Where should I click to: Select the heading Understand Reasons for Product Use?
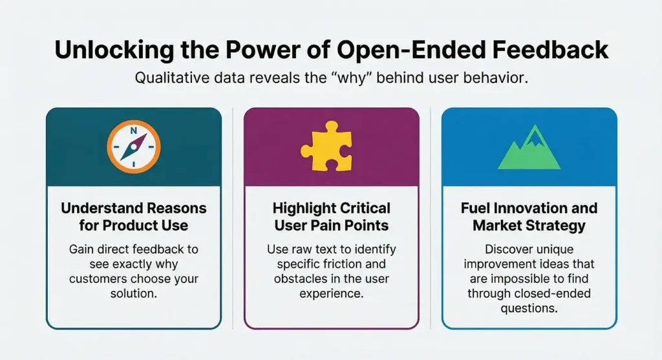pos(134,217)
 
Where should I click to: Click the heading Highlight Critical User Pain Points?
pos(331,217)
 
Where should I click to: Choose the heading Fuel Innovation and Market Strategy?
pos(529,217)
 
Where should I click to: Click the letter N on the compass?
pos(134,131)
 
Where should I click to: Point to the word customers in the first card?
pos(107,279)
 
